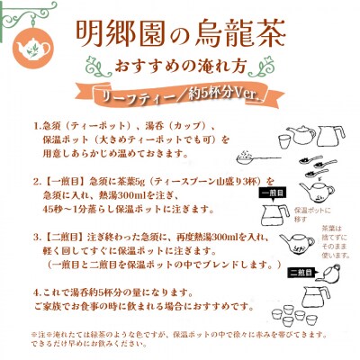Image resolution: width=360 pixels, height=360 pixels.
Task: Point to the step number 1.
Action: [x=36, y=126]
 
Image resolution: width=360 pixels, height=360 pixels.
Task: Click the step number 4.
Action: [x=36, y=292]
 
